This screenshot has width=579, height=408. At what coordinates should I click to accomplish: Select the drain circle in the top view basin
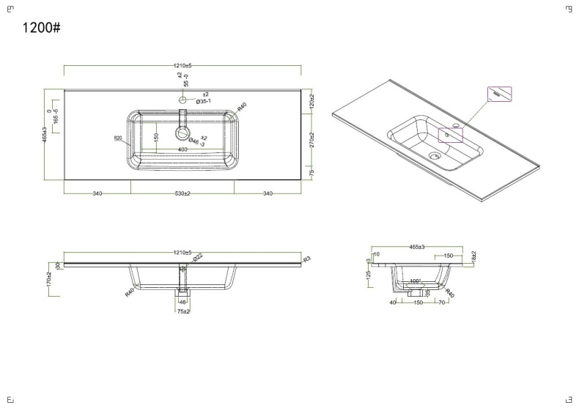tap(180, 134)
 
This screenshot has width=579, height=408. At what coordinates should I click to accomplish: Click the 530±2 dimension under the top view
tap(182, 193)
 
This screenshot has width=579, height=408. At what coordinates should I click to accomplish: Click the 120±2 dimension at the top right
tap(311, 102)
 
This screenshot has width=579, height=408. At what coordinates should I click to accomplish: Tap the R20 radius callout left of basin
tap(117, 138)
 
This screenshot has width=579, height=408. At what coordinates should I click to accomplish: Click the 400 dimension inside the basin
tap(182, 149)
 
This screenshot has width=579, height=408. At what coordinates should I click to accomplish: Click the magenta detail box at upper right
tap(500, 94)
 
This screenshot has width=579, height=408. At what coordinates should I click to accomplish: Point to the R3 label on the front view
tap(307, 259)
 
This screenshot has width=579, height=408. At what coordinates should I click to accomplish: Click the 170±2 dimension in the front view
tap(49, 279)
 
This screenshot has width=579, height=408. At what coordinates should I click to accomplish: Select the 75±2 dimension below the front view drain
tap(183, 311)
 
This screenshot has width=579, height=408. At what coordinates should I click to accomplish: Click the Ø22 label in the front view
tap(197, 258)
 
